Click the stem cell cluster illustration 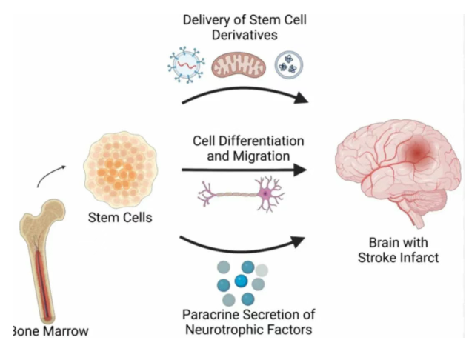119,167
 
